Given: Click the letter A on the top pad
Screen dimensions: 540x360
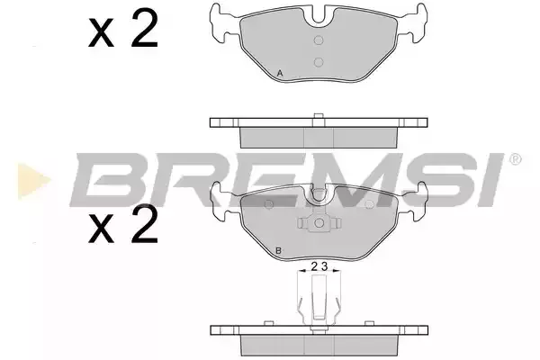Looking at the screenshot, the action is pyautogui.click(x=280, y=74).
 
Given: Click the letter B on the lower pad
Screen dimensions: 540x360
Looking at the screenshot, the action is pyautogui.click(x=279, y=250).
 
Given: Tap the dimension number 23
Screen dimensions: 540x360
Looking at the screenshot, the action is pyautogui.click(x=319, y=266).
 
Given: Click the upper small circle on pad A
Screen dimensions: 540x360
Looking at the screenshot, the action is pyautogui.click(x=319, y=40).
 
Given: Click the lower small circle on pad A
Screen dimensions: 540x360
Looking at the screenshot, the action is pyautogui.click(x=319, y=62).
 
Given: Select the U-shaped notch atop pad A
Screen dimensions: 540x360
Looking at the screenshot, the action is pyautogui.click(x=319, y=15).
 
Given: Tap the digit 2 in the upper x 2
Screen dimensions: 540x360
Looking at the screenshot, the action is pyautogui.click(x=144, y=28).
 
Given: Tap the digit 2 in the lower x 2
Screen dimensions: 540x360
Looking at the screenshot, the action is pyautogui.click(x=144, y=224).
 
